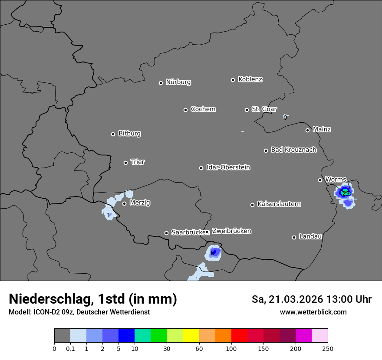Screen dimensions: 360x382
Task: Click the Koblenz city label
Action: coord(250,79)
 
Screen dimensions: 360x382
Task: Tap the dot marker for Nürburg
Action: coord(161,83)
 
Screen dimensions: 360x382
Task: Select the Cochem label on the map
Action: coord(203,109)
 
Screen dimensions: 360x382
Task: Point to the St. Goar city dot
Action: coord(247,110)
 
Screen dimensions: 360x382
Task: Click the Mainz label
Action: coord(322,129)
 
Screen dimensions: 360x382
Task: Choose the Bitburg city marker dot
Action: coord(113,134)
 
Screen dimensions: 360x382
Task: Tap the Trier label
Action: coord(138,162)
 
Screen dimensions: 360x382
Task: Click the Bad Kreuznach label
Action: coord(293,150)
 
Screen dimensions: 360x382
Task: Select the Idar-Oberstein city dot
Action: coord(201,168)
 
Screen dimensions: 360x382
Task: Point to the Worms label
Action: coord(336,179)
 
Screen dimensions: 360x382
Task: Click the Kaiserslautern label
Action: coord(279,204)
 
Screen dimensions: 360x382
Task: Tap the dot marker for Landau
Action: coord(294,237)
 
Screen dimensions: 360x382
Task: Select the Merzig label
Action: coord(140,203)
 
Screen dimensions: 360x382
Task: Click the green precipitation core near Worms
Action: coord(346,192)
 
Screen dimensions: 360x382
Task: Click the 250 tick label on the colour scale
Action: coord(328,348)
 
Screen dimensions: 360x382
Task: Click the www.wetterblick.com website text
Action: coord(313,312)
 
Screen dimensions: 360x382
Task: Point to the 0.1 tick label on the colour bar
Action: coord(70,348)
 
